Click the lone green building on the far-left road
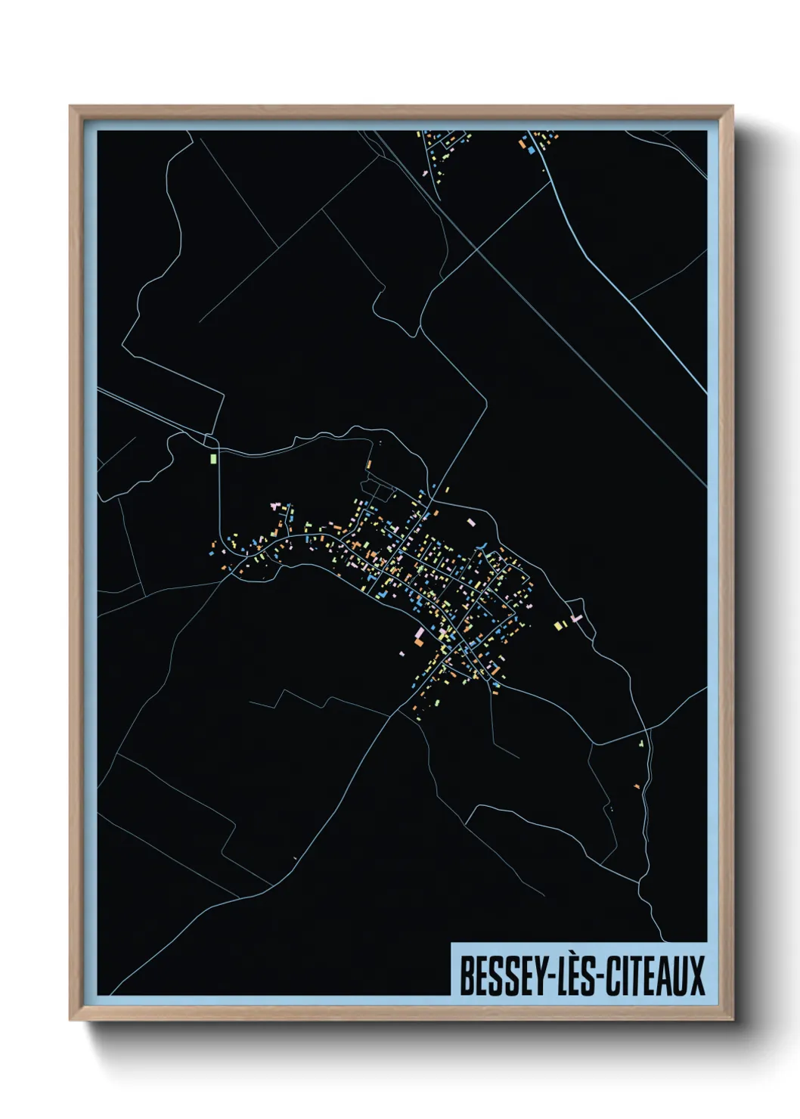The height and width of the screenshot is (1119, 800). (213, 457)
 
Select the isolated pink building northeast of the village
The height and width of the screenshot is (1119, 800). (472, 522)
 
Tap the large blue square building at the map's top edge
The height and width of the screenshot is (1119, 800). (531, 150)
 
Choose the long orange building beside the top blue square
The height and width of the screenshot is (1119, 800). (521, 141)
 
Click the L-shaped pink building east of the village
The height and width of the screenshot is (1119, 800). (577, 618)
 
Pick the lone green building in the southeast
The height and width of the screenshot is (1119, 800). (641, 744)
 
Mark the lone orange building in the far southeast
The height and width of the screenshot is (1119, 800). (637, 787)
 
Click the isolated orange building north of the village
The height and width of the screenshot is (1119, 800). (370, 463)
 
